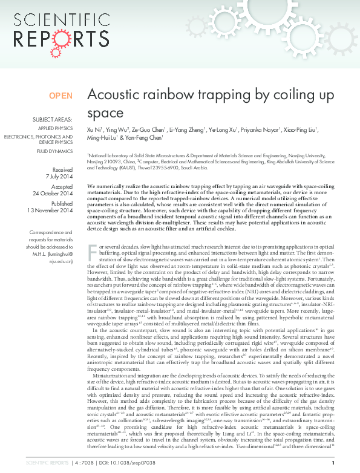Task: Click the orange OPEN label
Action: point(61,96)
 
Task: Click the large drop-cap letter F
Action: point(92,267)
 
